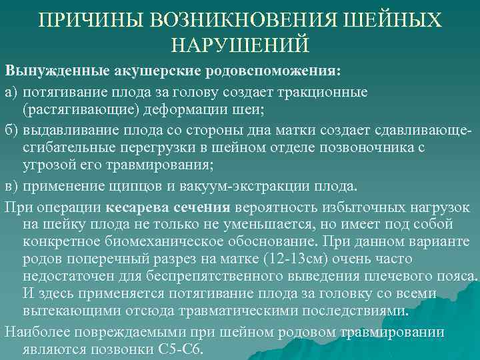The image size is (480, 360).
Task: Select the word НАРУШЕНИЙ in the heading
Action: click(x=240, y=44)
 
